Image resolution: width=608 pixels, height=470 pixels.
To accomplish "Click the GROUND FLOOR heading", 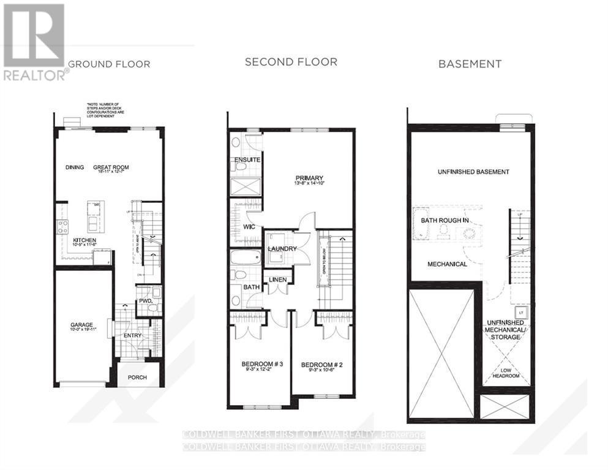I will (109, 64).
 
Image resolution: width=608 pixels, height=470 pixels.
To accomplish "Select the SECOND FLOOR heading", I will (291, 62).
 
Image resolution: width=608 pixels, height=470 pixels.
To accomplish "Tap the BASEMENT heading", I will (470, 63).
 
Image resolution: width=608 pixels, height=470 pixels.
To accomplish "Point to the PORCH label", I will (137, 377).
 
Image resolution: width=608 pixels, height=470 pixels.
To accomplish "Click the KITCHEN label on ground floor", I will (85, 240).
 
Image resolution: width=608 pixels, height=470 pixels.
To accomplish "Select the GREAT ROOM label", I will (111, 167).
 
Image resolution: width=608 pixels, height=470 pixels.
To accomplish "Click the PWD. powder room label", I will (145, 301).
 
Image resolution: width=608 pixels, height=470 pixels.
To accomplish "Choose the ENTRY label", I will (132, 335).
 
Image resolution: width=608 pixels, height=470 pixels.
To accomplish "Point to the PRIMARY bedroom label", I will (308, 178).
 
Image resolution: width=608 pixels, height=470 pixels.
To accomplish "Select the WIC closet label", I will (249, 226).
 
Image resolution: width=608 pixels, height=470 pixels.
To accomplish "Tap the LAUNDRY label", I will (282, 249).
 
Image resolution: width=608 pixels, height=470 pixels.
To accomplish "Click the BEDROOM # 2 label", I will (322, 365).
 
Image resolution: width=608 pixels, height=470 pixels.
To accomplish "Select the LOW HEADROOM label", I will (506, 372).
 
